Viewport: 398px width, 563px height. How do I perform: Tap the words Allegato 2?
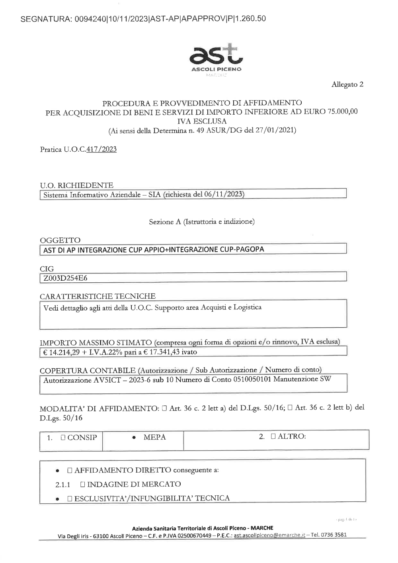[347, 84]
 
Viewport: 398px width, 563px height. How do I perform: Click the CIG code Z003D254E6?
[65, 278]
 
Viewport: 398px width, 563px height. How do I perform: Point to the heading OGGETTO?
[60, 240]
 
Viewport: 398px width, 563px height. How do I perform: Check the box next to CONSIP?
[63, 438]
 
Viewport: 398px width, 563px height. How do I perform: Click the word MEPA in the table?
[154, 437]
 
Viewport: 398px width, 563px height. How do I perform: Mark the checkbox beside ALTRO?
[273, 436]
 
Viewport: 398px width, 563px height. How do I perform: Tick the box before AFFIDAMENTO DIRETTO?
[70, 470]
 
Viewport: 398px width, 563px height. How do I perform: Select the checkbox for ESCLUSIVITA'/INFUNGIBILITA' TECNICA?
[70, 498]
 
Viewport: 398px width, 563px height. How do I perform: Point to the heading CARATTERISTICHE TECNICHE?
[98, 296]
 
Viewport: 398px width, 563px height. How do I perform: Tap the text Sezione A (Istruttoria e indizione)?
[201, 221]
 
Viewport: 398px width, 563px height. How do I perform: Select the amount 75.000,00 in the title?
[341, 111]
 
